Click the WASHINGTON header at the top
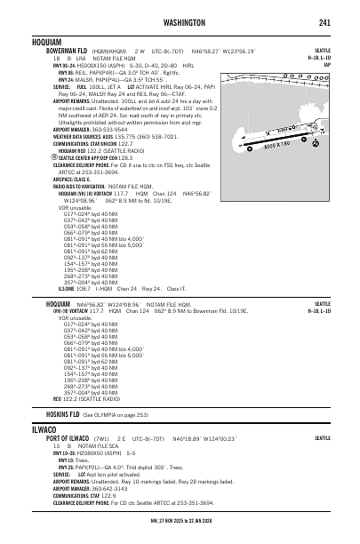click(x=180, y=22)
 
